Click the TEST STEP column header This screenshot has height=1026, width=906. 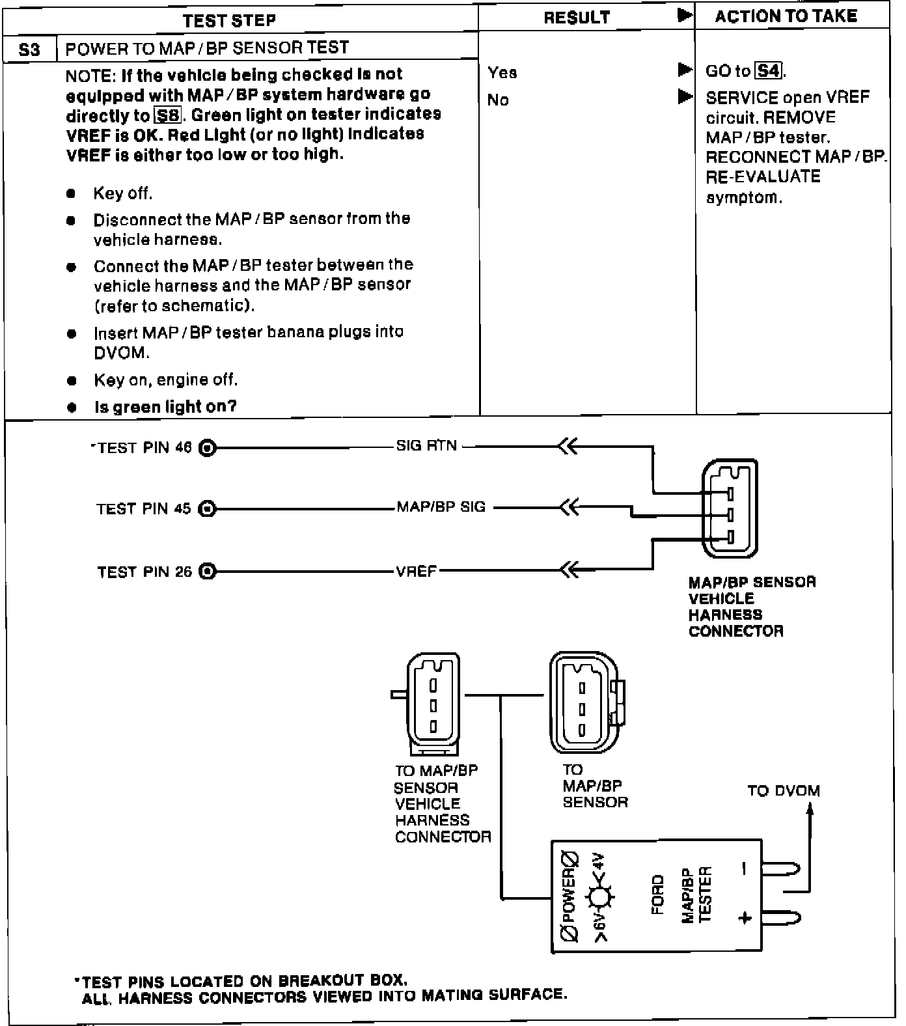coord(229,20)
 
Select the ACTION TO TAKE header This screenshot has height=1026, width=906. coord(786,16)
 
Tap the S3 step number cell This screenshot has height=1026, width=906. coord(30,49)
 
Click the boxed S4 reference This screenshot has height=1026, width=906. coord(769,70)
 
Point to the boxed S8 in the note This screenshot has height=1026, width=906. coord(167,116)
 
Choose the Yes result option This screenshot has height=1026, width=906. coord(502,73)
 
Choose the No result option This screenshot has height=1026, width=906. coord(498,100)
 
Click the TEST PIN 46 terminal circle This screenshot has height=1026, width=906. coord(207,448)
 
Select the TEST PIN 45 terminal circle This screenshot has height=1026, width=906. coord(207,508)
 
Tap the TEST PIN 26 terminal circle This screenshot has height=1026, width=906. coord(207,572)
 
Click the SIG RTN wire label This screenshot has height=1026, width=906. coord(426,446)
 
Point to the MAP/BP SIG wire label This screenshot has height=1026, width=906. coord(441,507)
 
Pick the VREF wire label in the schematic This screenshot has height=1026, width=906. coord(416,572)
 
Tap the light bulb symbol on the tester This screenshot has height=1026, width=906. coord(599,898)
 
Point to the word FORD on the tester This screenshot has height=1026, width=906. coord(658,894)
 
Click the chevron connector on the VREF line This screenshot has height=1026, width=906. coord(568,571)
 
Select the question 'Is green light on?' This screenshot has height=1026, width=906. coord(165,408)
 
